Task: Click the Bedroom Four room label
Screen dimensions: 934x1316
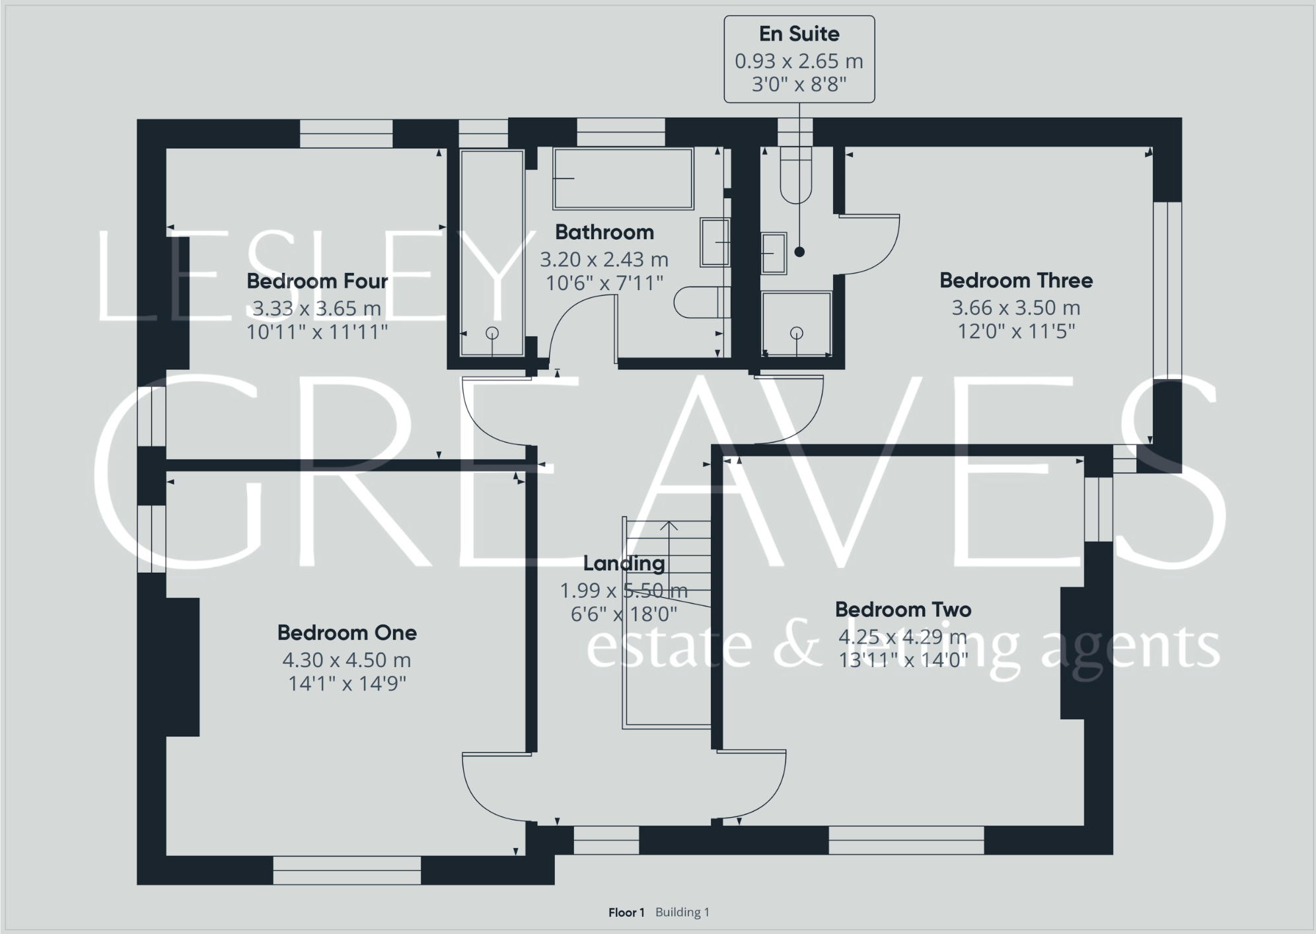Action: tap(317, 281)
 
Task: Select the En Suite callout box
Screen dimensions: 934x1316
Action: tap(799, 59)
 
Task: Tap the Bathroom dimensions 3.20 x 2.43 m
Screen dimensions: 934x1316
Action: tap(604, 260)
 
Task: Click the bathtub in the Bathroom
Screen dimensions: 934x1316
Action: tap(623, 178)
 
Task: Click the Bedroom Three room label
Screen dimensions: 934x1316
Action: tap(1015, 281)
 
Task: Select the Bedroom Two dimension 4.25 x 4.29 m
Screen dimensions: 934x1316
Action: tap(902, 637)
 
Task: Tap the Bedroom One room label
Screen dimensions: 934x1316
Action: tap(347, 633)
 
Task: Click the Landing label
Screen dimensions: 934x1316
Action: tap(624, 563)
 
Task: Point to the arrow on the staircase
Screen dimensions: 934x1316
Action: tap(669, 526)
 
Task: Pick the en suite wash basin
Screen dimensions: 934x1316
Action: tap(774, 253)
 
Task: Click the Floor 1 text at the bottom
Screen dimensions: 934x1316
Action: tap(626, 912)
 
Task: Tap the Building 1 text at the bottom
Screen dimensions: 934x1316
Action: tap(682, 912)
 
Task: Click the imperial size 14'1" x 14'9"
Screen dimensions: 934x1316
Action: tap(347, 684)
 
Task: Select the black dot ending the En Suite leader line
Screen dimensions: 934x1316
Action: tap(799, 252)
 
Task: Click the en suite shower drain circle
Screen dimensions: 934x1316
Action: tap(797, 333)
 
